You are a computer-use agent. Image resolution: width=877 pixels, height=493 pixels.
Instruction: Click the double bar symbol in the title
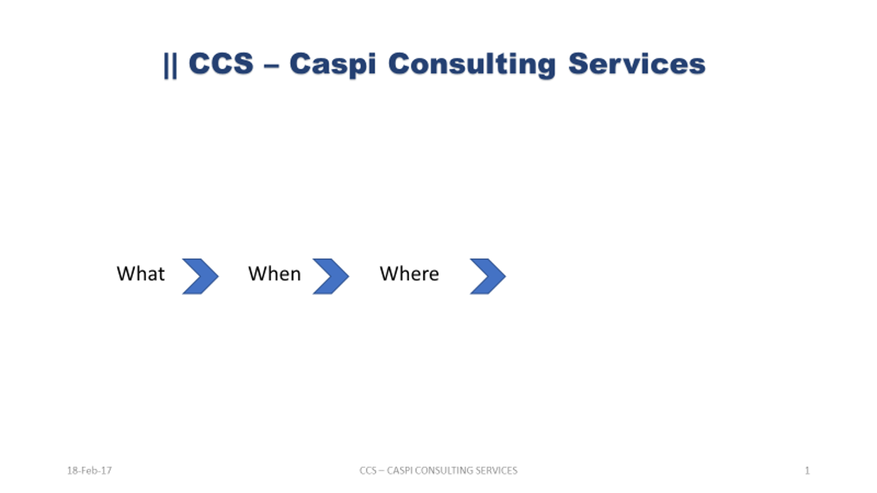click(x=170, y=65)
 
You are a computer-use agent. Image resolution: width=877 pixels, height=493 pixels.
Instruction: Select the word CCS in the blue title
click(x=221, y=63)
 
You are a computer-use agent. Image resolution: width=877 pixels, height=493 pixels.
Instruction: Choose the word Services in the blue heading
click(x=637, y=63)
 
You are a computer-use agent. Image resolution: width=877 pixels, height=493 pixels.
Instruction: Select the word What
click(x=140, y=273)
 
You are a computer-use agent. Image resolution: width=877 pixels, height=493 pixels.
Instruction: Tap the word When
click(x=275, y=273)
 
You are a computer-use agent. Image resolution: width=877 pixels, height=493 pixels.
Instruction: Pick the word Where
click(x=410, y=273)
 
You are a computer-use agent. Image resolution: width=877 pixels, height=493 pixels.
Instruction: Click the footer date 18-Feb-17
click(x=89, y=470)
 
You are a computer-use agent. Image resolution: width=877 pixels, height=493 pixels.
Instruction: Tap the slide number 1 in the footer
click(x=807, y=470)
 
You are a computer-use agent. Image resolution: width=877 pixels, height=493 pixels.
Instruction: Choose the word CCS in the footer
click(x=368, y=470)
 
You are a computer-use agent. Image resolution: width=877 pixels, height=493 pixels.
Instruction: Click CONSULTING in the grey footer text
click(x=440, y=470)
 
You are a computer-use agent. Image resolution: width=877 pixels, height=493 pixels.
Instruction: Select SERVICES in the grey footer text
click(x=493, y=470)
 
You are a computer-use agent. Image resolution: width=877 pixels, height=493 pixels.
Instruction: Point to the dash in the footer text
click(x=382, y=471)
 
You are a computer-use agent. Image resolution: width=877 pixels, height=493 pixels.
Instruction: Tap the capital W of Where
click(x=389, y=273)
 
